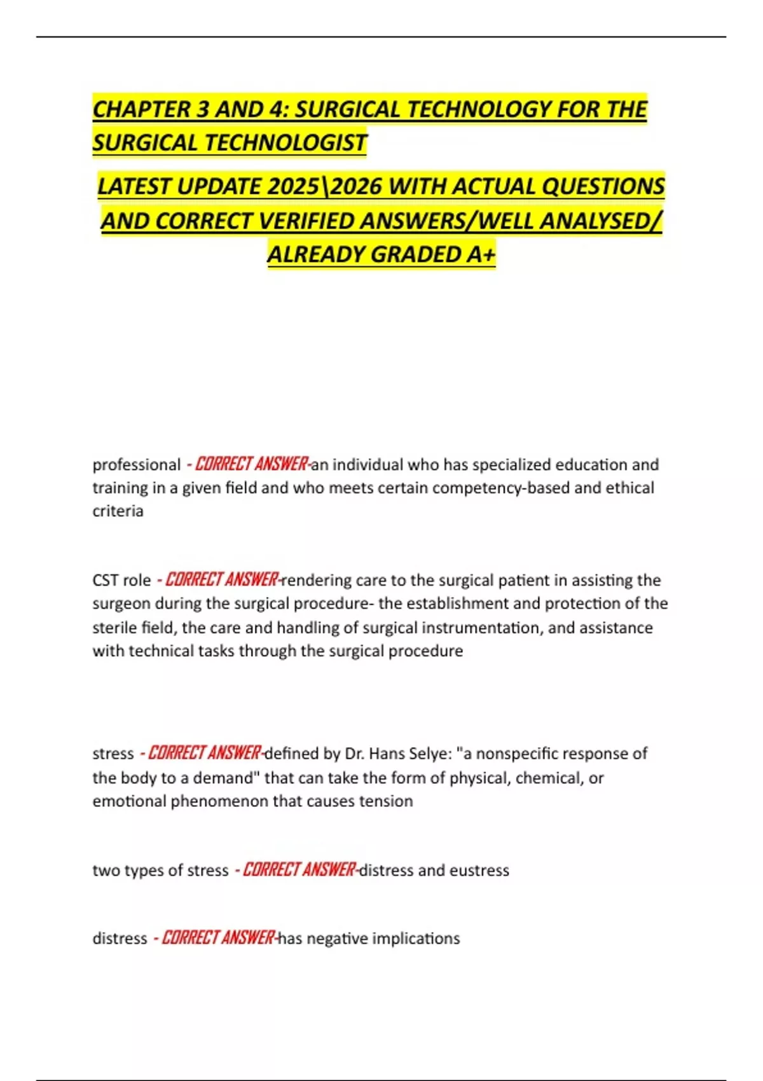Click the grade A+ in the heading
click(x=481, y=254)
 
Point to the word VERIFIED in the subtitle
click(x=308, y=221)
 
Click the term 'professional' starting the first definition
click(x=137, y=465)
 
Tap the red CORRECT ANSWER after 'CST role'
click(x=221, y=580)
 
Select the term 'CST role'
click(x=121, y=581)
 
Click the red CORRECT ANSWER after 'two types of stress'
click(x=299, y=869)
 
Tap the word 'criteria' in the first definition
click(x=118, y=511)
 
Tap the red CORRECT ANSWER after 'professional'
click(x=251, y=464)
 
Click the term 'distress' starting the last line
click(x=120, y=939)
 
